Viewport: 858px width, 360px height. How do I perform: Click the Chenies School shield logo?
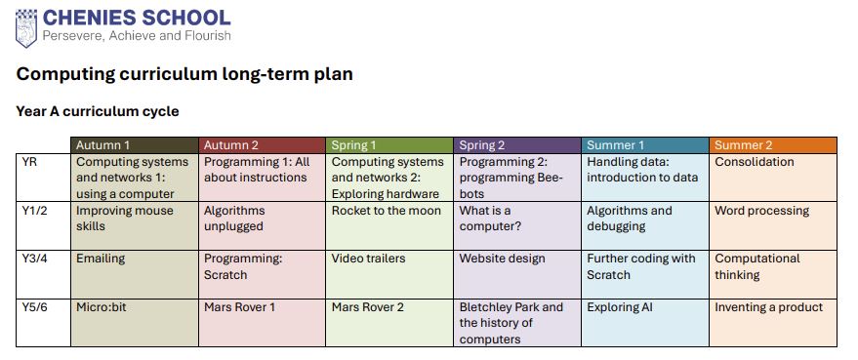pyautogui.click(x=26, y=28)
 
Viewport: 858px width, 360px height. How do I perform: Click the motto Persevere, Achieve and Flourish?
pyautogui.click(x=137, y=36)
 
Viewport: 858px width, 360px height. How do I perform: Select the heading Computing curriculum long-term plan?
pyautogui.click(x=184, y=74)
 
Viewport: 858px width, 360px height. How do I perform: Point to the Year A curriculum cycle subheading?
pyautogui.click(x=98, y=111)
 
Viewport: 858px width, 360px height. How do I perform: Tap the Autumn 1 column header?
pyautogui.click(x=135, y=145)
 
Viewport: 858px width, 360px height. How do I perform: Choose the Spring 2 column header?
pyautogui.click(x=517, y=145)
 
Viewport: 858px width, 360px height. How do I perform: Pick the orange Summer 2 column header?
pyautogui.click(x=773, y=145)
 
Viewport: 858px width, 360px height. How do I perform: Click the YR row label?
pyautogui.click(x=30, y=162)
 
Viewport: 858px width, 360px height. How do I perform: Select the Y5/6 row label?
pyautogui.click(x=35, y=307)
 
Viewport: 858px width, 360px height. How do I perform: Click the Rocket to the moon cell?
pyautogui.click(x=389, y=226)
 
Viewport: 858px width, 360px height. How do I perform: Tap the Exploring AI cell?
pyautogui.click(x=645, y=323)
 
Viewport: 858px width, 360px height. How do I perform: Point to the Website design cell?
pyautogui.click(x=517, y=275)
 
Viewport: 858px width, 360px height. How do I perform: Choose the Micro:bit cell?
pyautogui.click(x=135, y=323)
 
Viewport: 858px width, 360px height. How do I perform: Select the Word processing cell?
pyautogui.click(x=773, y=226)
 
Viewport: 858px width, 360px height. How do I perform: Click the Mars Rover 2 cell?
pyautogui.click(x=389, y=323)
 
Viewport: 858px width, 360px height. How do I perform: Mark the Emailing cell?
pyautogui.click(x=135, y=275)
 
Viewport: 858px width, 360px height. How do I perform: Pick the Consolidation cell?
pyautogui.click(x=773, y=178)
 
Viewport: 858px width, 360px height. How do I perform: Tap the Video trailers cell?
pyautogui.click(x=389, y=275)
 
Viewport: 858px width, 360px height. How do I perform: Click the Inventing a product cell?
pyautogui.click(x=773, y=323)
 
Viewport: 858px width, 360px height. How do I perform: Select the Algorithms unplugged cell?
pyautogui.click(x=263, y=226)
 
